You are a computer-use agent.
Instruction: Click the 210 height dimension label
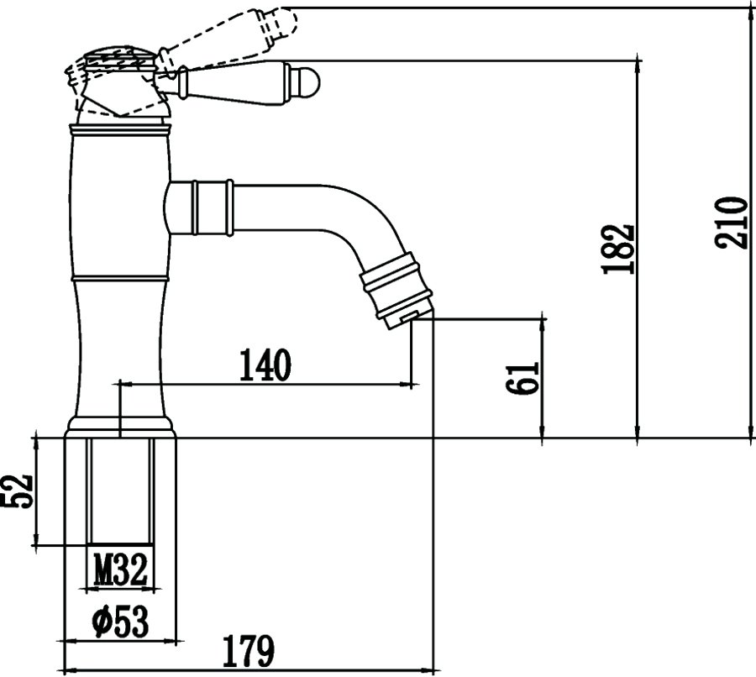click(732, 223)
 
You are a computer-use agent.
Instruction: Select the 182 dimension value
click(617, 249)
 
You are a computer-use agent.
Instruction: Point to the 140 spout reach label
click(265, 365)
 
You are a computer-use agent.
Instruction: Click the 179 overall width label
click(248, 651)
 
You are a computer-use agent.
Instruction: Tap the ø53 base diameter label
click(120, 622)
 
